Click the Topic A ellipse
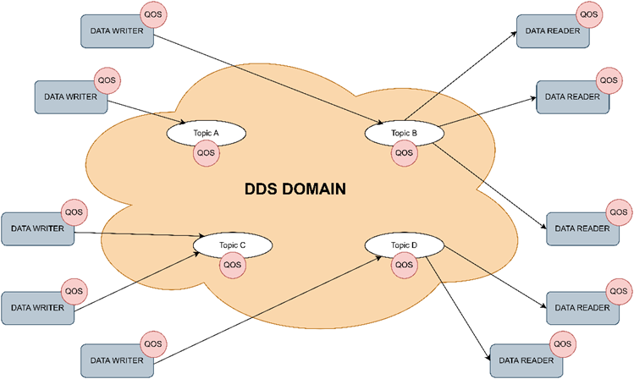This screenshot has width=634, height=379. pyautogui.click(x=206, y=133)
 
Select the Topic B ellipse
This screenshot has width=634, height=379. pyautogui.click(x=404, y=133)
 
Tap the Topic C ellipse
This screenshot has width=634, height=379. pyautogui.click(x=231, y=244)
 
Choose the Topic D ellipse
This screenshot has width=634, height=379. pyautogui.click(x=404, y=244)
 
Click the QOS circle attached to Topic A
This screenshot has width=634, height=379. pyautogui.click(x=206, y=153)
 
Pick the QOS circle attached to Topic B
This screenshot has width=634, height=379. pyautogui.click(x=404, y=153)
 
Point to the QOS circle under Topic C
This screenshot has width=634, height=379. pyautogui.click(x=231, y=265)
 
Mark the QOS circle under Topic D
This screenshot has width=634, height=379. pyautogui.click(x=404, y=265)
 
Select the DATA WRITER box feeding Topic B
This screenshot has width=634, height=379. pyautogui.click(x=117, y=32)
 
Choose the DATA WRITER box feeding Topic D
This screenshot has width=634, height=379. pyautogui.click(x=117, y=359)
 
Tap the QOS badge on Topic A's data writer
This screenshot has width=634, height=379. pyautogui.click(x=107, y=80)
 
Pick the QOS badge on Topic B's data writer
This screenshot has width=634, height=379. pyautogui.click(x=153, y=15)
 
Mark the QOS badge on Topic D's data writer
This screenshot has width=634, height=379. pyautogui.click(x=153, y=343)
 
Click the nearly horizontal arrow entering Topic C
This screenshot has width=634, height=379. pyautogui.click(x=135, y=233)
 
